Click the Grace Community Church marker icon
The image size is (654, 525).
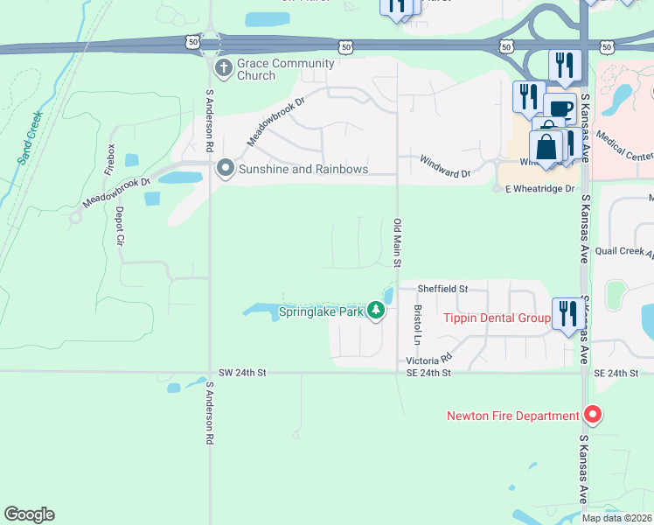[x=225, y=68]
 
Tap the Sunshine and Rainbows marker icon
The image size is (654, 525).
[x=225, y=168]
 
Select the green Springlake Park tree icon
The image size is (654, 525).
[x=376, y=311]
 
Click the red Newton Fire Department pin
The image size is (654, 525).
[x=592, y=415]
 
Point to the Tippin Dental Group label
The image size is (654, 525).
[x=496, y=318]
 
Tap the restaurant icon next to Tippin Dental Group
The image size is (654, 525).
[x=565, y=313]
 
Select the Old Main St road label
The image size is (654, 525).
[x=397, y=242]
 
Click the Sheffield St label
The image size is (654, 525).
[x=442, y=288]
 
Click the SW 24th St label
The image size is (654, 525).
[x=241, y=373]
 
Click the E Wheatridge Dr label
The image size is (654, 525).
[x=539, y=188]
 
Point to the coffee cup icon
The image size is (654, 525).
[x=560, y=109]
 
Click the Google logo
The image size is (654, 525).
[x=29, y=514]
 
